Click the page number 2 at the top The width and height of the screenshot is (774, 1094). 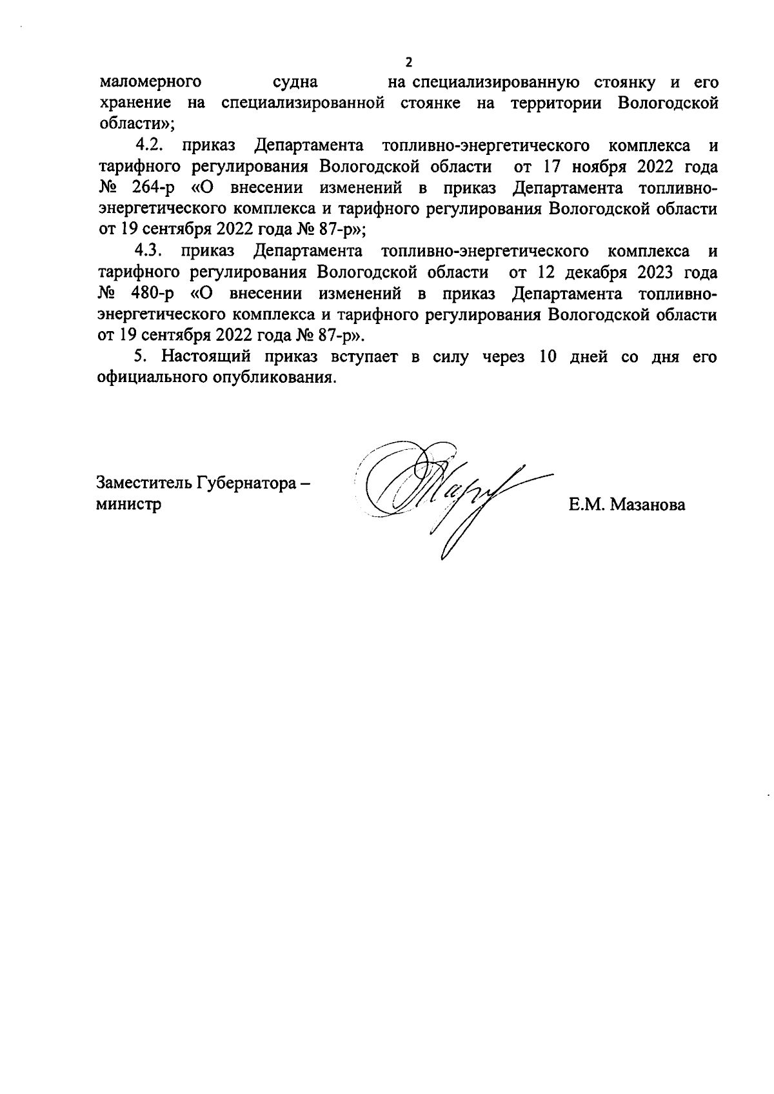(408, 63)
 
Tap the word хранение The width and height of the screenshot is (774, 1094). (134, 103)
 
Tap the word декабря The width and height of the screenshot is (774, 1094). (597, 272)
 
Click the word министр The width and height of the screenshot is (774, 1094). (128, 504)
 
